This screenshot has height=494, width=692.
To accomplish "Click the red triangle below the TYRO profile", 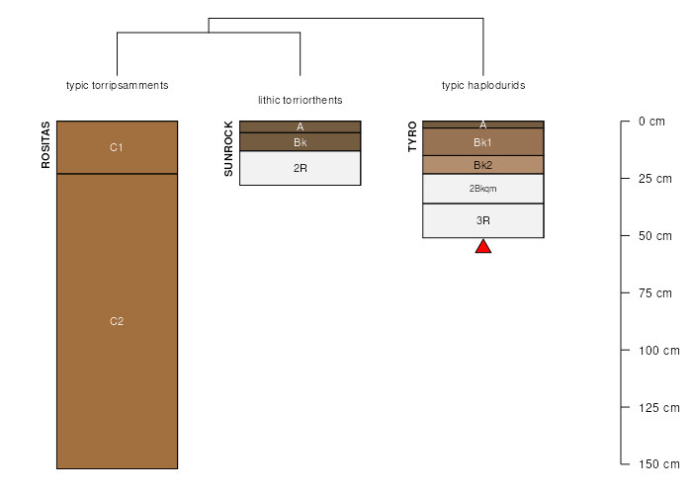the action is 483,247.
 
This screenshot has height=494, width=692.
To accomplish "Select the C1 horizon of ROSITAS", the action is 117,147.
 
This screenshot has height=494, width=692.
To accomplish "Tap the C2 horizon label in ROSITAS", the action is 117,321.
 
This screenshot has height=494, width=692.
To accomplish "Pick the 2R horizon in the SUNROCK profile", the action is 301,168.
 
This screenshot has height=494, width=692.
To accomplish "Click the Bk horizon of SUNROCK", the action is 301,142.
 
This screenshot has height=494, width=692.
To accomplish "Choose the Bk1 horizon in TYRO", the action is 483,142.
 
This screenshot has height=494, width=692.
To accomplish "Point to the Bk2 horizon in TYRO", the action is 483,165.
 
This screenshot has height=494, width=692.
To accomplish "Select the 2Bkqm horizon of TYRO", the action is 483,189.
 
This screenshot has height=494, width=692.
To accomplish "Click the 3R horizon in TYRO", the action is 483,220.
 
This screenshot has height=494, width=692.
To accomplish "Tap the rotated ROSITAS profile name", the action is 45,145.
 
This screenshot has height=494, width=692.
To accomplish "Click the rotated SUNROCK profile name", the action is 228,149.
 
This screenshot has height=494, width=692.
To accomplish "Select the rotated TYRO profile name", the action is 412,136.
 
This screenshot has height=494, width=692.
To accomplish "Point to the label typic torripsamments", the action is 117,86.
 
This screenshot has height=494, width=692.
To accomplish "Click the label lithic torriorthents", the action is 301,100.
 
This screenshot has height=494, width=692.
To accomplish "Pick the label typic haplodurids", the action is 483,86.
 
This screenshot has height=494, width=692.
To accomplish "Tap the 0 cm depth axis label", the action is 651,122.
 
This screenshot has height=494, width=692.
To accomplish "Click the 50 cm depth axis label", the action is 654,236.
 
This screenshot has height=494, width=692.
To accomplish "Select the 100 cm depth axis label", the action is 659,351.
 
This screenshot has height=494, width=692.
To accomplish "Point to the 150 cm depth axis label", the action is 659,464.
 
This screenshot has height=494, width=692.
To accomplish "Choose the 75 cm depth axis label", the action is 654,293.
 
